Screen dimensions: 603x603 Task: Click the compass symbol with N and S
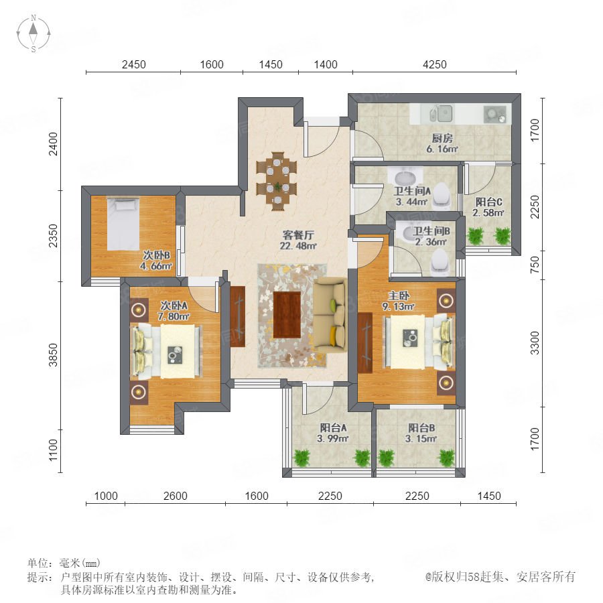[x=33, y=33]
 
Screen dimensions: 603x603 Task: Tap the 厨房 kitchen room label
[x=442, y=138]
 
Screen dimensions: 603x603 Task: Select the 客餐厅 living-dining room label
[x=298, y=234]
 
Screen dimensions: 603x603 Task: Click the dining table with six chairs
[x=277, y=182]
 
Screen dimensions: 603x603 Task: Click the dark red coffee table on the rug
[x=287, y=315]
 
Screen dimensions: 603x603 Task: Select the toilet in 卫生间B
[x=440, y=261]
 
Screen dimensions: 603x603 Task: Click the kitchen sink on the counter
[x=441, y=114]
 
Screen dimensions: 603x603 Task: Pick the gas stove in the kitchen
[x=495, y=114]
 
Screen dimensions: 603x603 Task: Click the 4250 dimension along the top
[x=435, y=64]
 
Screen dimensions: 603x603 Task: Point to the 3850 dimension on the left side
[x=53, y=354]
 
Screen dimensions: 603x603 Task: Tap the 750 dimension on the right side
[x=535, y=265]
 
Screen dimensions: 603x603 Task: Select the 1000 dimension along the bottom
[x=106, y=496]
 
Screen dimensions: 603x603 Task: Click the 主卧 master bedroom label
[x=399, y=295]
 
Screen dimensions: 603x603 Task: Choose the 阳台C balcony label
[x=489, y=202]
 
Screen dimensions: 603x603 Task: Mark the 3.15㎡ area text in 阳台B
[x=421, y=438]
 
